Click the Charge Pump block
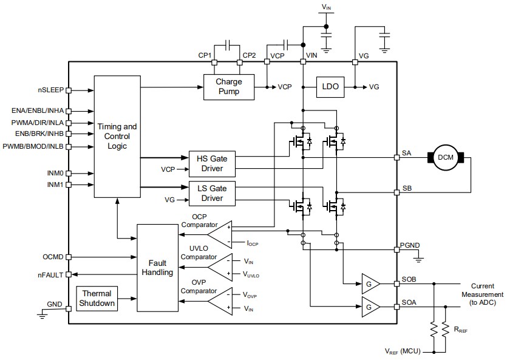tap(228, 87)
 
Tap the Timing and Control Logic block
tap(117, 137)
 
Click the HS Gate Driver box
tap(212, 163)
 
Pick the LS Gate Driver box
tap(212, 193)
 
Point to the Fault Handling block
tap(157, 267)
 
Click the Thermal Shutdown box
tap(98, 298)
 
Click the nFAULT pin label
tap(50, 275)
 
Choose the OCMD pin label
tap(53, 257)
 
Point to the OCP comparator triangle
tap(219, 234)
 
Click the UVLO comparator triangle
tap(219, 267)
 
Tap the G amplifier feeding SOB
tap(370, 284)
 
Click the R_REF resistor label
tap(459, 330)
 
